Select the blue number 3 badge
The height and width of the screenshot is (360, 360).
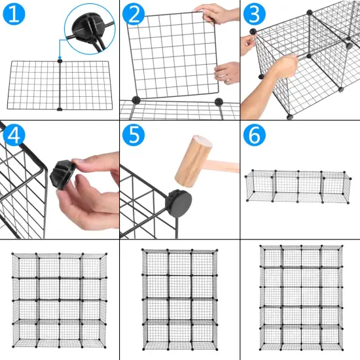coord(255,14)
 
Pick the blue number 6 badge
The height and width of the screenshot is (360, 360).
coord(255,135)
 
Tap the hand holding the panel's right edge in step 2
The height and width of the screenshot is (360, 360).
coord(228,71)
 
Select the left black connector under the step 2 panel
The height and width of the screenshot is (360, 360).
coord(136,100)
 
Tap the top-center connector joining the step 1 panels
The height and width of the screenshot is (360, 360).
coord(60,61)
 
